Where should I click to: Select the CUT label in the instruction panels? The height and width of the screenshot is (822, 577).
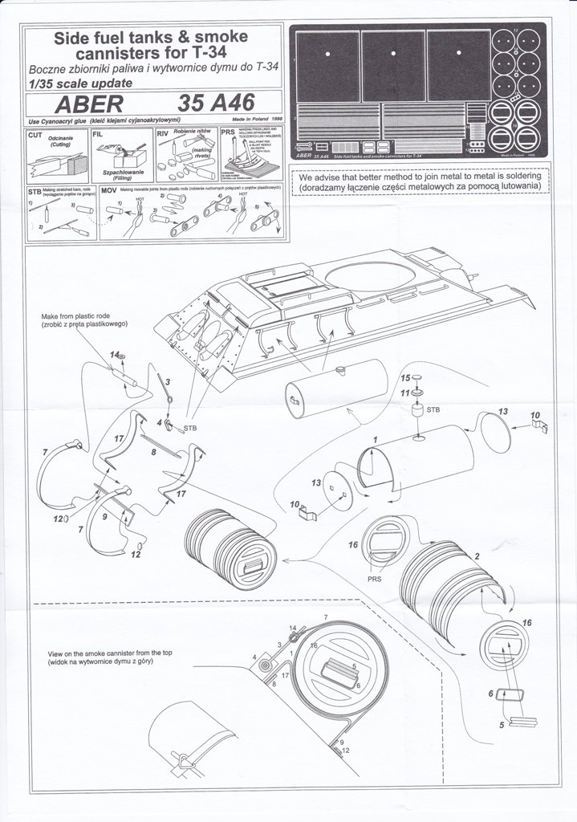point(35,136)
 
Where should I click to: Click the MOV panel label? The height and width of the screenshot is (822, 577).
point(110,191)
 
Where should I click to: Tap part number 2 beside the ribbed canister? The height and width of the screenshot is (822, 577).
point(478,556)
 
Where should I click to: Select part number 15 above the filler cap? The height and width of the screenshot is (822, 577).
point(406,377)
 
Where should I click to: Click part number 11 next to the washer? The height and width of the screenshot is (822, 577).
point(406,393)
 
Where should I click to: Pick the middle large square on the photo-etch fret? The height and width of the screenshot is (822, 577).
point(392,65)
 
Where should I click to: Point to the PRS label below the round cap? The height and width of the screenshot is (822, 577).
point(376,578)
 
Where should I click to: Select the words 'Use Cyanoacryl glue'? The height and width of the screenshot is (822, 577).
point(56,120)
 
